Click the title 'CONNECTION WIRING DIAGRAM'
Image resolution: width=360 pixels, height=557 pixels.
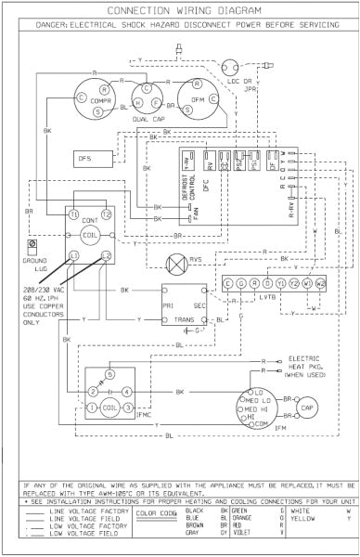(180, 10)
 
